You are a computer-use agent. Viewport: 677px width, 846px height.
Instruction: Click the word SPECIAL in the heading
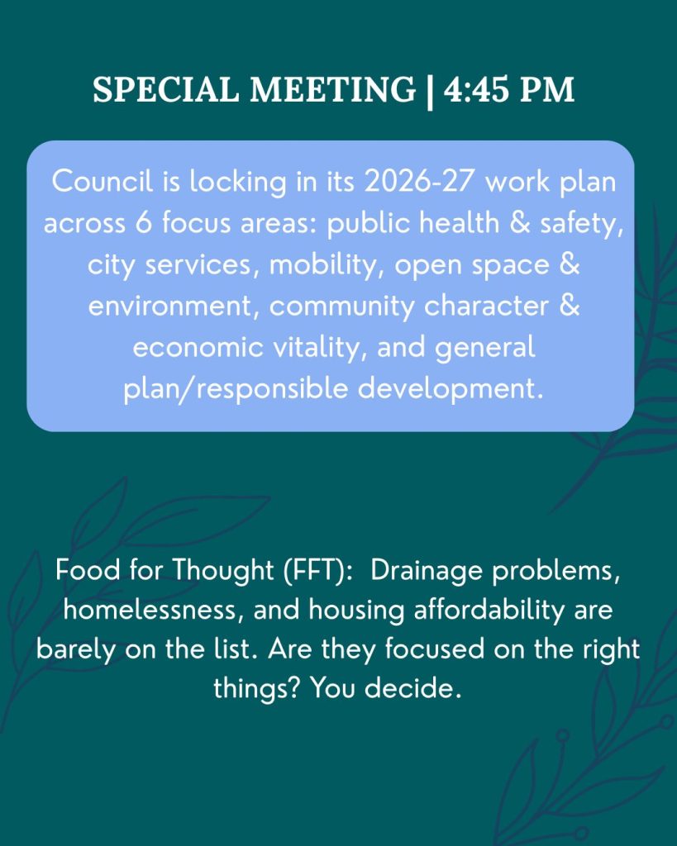166,89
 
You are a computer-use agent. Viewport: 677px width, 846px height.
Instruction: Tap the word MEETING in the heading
332,89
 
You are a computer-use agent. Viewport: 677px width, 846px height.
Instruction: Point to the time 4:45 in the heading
476,89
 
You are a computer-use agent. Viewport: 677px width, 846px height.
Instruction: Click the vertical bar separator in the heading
430,91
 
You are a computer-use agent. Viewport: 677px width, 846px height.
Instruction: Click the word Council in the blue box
103,181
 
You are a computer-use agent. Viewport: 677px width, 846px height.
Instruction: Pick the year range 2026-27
419,181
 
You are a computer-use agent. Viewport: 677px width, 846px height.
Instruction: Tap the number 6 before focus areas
144,223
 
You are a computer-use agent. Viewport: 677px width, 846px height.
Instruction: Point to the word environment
169,307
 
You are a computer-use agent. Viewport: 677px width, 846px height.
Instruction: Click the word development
451,388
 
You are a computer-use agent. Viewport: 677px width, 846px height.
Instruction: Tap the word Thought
223,572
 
